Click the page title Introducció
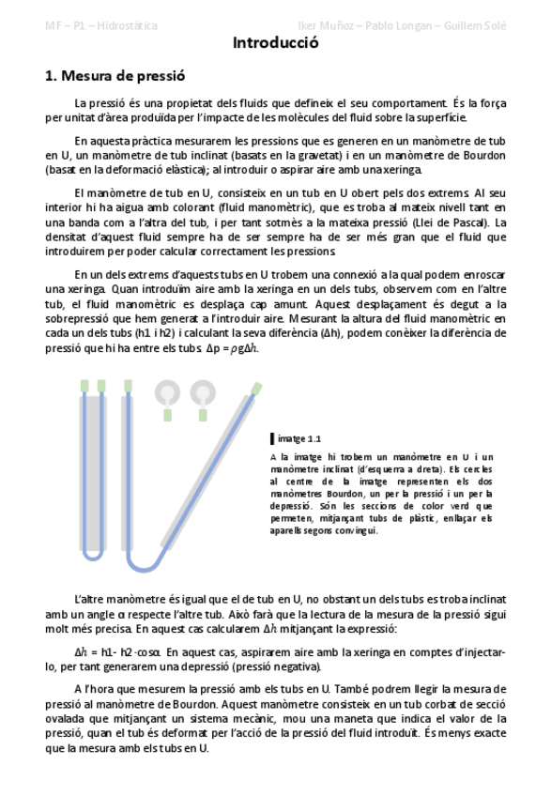pyautogui.click(x=275, y=43)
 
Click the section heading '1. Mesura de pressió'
pyautogui.click(x=115, y=77)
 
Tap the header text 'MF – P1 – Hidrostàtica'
pyautogui.click(x=101, y=25)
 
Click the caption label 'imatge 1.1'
pyautogui.click(x=300, y=438)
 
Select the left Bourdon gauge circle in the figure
pyautogui.click(x=167, y=391)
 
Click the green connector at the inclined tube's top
pyautogui.click(x=256, y=388)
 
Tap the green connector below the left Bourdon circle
pyautogui.click(x=167, y=415)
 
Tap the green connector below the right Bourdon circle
pyautogui.click(x=203, y=415)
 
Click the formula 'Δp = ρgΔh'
pyautogui.click(x=232, y=349)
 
